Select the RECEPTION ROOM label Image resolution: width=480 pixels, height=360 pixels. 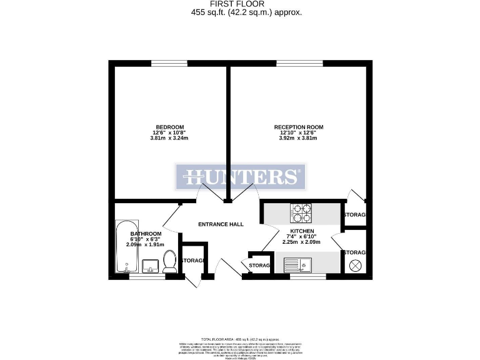299,127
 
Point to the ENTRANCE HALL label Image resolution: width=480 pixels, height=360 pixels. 221,224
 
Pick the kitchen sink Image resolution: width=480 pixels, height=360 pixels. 301,264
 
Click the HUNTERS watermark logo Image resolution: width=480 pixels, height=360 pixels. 240,177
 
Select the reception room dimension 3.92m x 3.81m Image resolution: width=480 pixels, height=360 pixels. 299,138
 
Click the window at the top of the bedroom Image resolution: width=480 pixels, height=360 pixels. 169,62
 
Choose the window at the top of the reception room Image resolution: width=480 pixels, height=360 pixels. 299,62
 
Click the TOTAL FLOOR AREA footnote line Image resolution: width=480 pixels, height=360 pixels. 240,337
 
